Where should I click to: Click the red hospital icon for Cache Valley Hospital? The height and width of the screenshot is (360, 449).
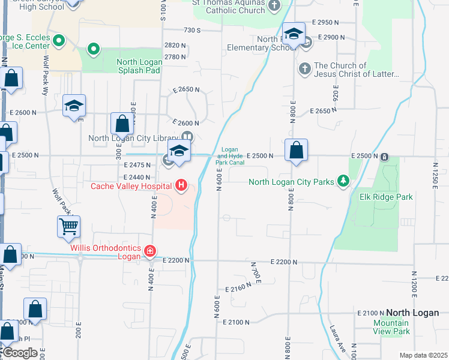click(x=181, y=186)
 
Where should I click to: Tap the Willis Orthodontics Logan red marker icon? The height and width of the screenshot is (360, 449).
click(x=149, y=250)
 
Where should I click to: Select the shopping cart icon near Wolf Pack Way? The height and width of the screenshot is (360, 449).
click(x=68, y=227)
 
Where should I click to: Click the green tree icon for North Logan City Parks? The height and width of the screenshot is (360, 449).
click(x=343, y=181)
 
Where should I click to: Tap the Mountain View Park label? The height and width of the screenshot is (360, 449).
click(x=390, y=327)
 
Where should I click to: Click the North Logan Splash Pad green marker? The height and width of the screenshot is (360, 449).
click(x=93, y=49)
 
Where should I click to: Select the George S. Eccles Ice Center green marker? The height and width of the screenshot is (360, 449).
click(x=59, y=41)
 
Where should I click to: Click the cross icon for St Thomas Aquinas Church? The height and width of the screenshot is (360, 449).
click(x=274, y=6)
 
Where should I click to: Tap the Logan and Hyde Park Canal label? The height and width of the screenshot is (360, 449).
click(x=231, y=156)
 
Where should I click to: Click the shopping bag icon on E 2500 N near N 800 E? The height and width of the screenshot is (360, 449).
click(x=296, y=151)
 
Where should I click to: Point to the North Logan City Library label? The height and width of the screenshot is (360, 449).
click(x=133, y=138)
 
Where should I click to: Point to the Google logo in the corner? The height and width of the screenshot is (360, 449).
click(x=19, y=353)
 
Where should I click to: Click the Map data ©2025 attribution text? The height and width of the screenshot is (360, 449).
click(x=423, y=355)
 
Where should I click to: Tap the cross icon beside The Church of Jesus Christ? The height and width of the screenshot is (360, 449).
click(x=304, y=69)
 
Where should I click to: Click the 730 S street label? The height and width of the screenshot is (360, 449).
click(x=191, y=30)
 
